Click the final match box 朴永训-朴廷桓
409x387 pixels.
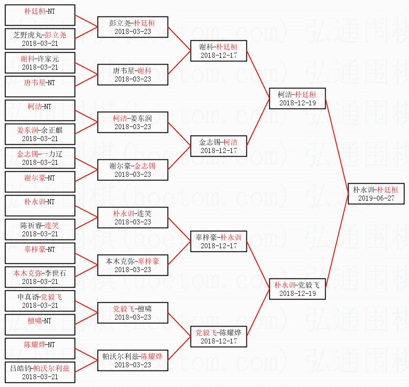click(376, 193)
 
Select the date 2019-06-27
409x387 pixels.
click(376, 198)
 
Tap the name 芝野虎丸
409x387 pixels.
click(27, 35)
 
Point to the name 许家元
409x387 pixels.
click(48, 59)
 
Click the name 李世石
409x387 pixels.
click(55, 273)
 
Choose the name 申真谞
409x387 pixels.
click(28, 297)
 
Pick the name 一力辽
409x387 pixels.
click(52, 154)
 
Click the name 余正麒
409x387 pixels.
click(52, 130)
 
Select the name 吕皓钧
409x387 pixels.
click(21, 368)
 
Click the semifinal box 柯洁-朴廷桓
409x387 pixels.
click(297, 98)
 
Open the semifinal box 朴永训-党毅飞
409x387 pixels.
click(297, 289)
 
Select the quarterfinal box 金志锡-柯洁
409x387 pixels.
click(218, 146)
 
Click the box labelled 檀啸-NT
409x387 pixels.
click(40, 325)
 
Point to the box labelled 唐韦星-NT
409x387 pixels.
click(40, 87)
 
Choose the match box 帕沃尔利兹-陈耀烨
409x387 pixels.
click(132, 360)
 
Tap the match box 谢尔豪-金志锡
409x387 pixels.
click(132, 170)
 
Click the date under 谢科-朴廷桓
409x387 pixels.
click(218, 55)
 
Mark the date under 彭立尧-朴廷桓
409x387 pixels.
click(132, 32)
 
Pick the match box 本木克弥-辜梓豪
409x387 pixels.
click(132, 265)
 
